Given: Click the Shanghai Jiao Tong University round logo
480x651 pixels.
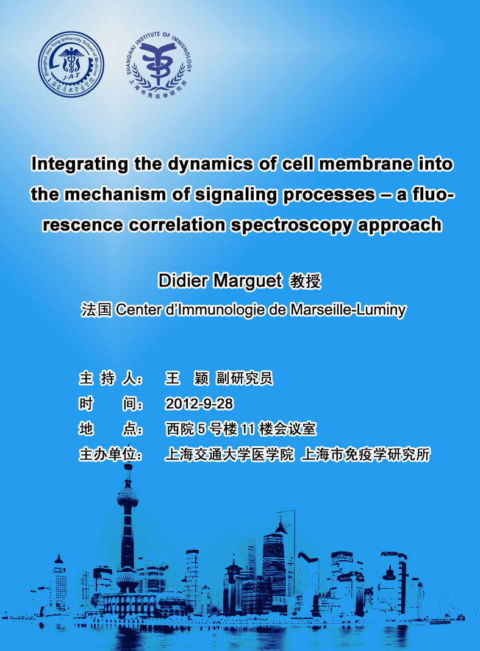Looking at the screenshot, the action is [71, 65].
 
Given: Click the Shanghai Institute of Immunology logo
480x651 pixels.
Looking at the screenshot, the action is [159, 65].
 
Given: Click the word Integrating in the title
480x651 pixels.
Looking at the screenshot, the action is [79, 165].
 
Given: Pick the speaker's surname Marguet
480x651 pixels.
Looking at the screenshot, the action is [248, 282].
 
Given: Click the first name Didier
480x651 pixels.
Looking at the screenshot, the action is [183, 280].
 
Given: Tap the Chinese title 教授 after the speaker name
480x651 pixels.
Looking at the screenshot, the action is [306, 281].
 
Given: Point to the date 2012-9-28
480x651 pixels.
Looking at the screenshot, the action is [199, 404].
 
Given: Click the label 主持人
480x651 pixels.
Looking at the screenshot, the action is [110, 379].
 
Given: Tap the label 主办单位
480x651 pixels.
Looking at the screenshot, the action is [110, 454].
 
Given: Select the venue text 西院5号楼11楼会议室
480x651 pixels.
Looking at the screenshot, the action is [241, 429].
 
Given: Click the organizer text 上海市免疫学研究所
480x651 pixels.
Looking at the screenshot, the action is [366, 454].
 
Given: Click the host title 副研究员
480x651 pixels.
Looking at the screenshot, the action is [245, 379].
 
